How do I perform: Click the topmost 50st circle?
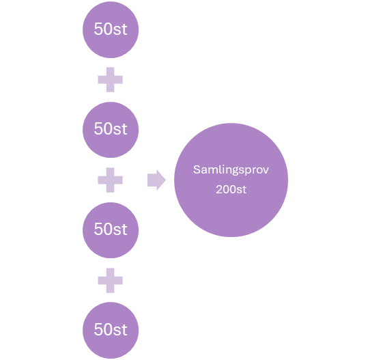point(110,30)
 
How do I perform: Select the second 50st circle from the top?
point(110,130)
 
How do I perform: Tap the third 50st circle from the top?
point(110,230)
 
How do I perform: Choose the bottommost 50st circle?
point(110,329)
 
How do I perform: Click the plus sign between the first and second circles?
point(110,81)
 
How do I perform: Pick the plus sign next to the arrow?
point(110,180)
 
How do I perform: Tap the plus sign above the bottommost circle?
point(110,279)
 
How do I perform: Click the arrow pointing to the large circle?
point(156,180)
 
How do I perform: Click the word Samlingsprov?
point(231,170)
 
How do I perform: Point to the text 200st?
point(231,189)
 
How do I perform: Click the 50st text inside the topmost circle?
point(111,30)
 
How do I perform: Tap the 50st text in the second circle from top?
point(111,130)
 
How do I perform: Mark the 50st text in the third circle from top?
point(111,230)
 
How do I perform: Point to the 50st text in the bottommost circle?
point(111,329)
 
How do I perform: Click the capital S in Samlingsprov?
point(196,169)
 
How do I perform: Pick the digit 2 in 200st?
point(218,189)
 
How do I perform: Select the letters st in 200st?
point(241,189)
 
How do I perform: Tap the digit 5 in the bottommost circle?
point(98,329)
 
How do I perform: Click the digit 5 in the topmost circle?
point(98,30)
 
